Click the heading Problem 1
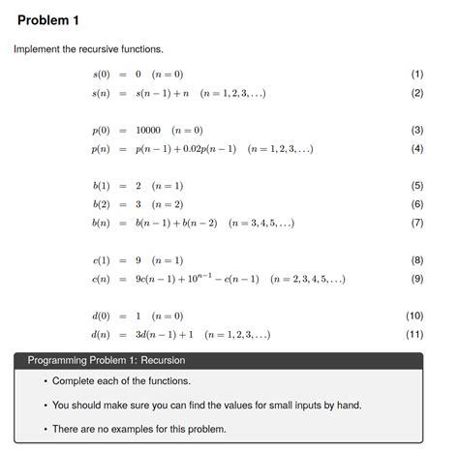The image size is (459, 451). pos(48,19)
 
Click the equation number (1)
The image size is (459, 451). pos(417,74)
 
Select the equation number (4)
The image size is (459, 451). pos(417,149)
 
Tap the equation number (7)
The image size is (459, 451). pos(417,224)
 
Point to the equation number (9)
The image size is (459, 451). pos(417,280)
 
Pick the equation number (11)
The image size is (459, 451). pos(414,335)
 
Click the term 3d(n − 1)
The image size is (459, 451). pos(169,335)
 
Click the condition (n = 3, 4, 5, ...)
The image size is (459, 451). pos(260,224)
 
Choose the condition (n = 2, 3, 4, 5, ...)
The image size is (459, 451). pos(309,280)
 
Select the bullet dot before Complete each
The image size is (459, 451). pos(45,381)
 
